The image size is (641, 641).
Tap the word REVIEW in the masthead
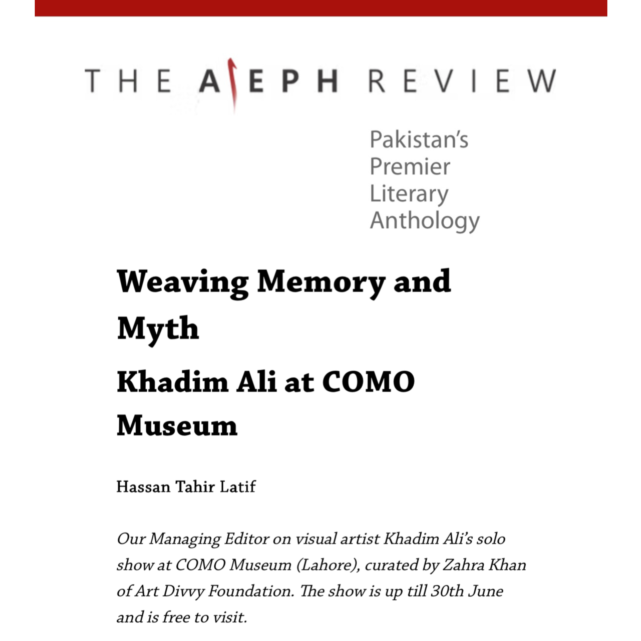point(462,81)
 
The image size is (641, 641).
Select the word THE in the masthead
point(128,81)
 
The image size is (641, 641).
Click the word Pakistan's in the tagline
point(419,140)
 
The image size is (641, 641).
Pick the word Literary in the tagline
point(409,194)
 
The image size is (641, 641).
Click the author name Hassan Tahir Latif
point(186,487)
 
